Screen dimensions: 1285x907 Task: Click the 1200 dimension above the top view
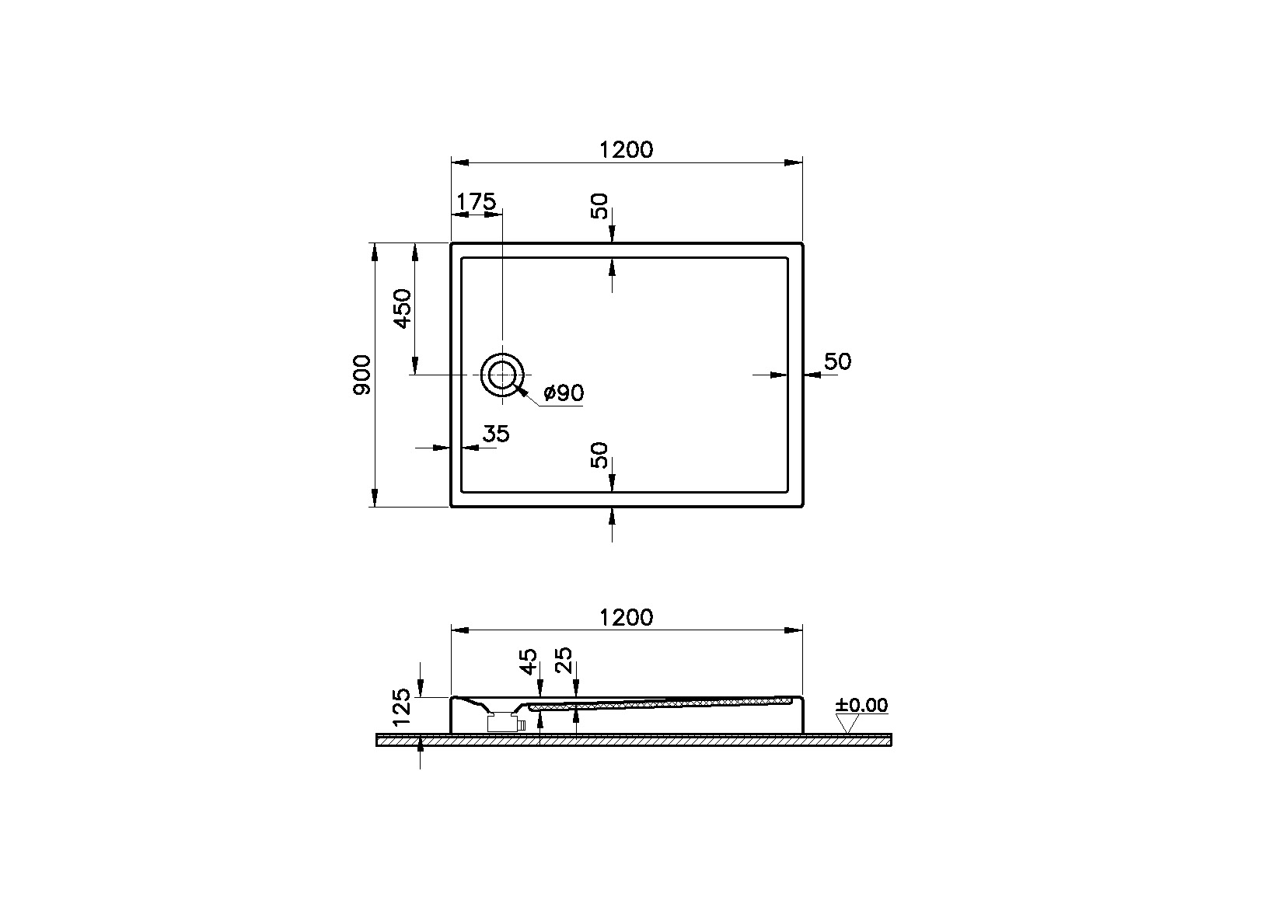[626, 150]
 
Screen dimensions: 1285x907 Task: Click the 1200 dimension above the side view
[626, 617]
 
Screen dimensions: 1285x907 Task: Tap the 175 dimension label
[476, 201]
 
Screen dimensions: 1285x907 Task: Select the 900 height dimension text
[361, 375]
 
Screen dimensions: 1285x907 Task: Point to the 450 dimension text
[403, 309]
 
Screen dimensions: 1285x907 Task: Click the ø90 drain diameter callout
[564, 393]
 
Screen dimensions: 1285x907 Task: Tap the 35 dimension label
[496, 434]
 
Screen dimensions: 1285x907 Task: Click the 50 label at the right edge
[837, 361]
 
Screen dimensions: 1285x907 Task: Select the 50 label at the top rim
[599, 206]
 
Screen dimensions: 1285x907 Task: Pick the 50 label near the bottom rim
[599, 455]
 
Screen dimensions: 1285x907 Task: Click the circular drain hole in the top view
[502, 375]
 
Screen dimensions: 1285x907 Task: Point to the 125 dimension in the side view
[402, 706]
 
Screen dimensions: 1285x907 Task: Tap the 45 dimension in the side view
[528, 661]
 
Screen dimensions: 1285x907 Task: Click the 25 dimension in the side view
[564, 661]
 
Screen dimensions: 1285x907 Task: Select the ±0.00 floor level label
[861, 705]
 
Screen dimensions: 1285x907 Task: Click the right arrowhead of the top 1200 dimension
[794, 163]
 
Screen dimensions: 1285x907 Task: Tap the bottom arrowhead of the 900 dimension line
[375, 498]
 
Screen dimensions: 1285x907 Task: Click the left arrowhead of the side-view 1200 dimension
[460, 630]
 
